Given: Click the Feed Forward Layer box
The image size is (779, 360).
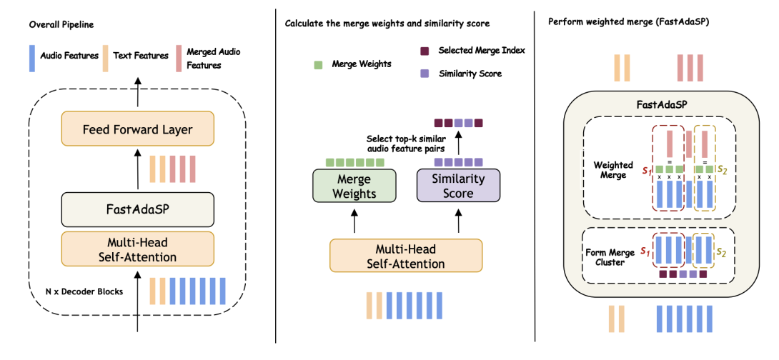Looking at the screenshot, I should (138, 130).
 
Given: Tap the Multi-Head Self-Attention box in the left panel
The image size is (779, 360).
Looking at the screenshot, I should (138, 247).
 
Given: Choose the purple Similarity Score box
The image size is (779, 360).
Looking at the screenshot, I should (458, 184).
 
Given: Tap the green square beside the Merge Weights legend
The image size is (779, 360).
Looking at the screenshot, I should (318, 64).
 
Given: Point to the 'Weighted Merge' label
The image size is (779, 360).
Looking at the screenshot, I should (613, 170).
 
